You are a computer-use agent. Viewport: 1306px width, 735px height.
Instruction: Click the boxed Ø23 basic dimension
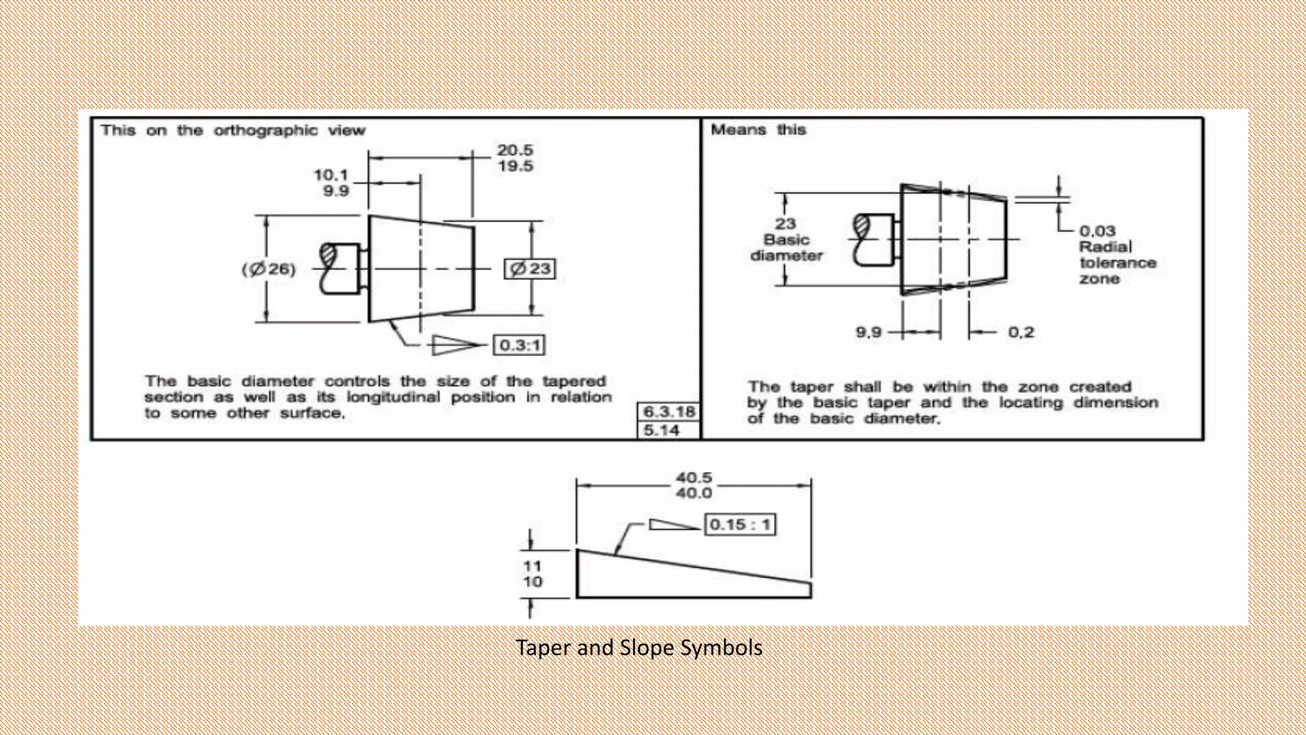pos(530,269)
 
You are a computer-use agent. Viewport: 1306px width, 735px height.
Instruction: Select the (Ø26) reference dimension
pos(268,269)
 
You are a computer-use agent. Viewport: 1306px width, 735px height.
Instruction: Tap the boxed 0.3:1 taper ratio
pos(519,345)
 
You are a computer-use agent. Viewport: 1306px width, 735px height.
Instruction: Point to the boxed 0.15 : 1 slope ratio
pos(740,524)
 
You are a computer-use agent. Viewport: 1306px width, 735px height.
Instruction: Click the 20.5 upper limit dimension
pos(515,151)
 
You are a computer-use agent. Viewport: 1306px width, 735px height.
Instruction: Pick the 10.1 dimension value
pos(331,175)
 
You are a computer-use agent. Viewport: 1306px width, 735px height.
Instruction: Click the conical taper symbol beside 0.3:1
pos(455,345)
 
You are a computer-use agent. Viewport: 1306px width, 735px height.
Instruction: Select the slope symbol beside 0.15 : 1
pos(672,524)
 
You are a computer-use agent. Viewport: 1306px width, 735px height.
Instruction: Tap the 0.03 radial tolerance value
pos(1097,231)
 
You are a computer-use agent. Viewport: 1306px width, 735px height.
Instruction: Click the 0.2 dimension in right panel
pos(1020,332)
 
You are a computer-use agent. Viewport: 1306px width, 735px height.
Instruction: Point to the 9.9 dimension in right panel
pos(869,332)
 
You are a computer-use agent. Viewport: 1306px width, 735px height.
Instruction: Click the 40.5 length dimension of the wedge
pos(694,477)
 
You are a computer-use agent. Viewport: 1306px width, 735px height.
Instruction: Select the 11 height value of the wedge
pos(532,566)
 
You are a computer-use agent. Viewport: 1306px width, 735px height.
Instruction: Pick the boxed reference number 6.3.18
pos(668,412)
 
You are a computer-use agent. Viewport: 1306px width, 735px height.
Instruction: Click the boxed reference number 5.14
pos(661,431)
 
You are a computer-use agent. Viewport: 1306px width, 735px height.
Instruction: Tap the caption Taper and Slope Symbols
pos(639,648)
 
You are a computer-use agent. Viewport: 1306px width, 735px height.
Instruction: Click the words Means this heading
pos(758,130)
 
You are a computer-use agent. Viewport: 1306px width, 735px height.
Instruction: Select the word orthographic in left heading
pos(265,131)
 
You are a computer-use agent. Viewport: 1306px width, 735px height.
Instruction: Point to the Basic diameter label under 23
pos(786,248)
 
